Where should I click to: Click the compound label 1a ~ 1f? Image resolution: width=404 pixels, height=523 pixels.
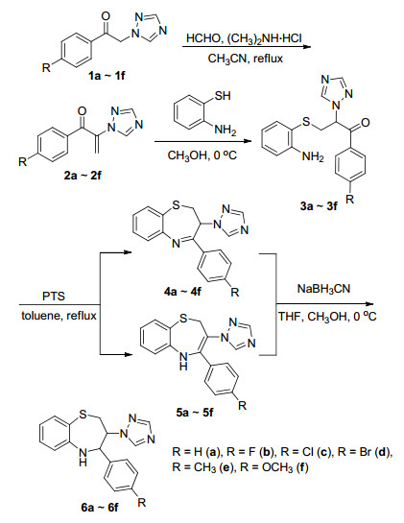tap(107, 76)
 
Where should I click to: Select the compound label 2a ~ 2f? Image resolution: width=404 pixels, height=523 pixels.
tap(83, 175)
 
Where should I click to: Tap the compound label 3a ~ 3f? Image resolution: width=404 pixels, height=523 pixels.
tap(318, 206)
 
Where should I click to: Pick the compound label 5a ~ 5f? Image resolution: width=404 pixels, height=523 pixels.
tap(194, 413)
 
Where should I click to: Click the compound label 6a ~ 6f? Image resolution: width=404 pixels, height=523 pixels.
tap(100, 508)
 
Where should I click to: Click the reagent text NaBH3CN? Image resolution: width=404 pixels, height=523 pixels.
tap(323, 289)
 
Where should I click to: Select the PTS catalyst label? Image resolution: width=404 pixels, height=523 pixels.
tap(54, 296)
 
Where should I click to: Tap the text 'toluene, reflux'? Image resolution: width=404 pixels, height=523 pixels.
tap(59, 315)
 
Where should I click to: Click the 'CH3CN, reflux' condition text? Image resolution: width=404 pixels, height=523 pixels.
tap(246, 59)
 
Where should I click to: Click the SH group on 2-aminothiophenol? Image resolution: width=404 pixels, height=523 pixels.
tap(223, 96)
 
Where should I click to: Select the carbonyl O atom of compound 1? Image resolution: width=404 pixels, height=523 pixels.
tap(107, 17)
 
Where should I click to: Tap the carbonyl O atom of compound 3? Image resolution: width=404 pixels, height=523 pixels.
tap(365, 123)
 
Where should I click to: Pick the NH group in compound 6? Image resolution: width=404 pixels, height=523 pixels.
tap(83, 457)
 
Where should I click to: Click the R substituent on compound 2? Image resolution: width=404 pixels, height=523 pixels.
tap(22, 162)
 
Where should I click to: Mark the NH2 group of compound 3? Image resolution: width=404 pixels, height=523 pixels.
tap(313, 156)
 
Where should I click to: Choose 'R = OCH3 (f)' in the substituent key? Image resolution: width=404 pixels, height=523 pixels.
tap(240, 467)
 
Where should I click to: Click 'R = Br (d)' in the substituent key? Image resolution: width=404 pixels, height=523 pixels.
tap(364, 452)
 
